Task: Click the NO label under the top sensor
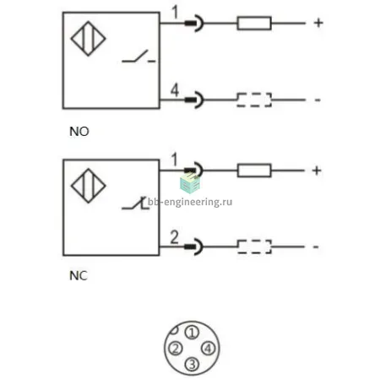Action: [79, 132]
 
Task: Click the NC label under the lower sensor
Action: [79, 276]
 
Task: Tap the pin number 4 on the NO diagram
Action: [175, 90]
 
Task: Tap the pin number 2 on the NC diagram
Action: [175, 237]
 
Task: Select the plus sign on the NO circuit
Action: [318, 23]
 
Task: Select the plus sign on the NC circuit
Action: [317, 171]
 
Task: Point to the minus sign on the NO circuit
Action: [318, 100]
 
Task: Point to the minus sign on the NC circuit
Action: [316, 247]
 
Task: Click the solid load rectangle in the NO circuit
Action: [254, 23]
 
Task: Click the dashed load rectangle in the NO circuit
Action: [254, 100]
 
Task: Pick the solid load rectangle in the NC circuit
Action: [254, 171]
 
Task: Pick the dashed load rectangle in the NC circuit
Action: [254, 247]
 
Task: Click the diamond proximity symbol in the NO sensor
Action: [89, 39]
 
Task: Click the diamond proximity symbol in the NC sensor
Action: [89, 186]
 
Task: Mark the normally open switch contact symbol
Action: [138, 57]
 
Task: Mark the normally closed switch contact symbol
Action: [135, 204]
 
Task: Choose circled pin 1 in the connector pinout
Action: [192, 333]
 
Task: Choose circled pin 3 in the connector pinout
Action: [192, 364]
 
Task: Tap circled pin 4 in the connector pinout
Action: [208, 349]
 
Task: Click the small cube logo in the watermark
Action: [190, 183]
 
